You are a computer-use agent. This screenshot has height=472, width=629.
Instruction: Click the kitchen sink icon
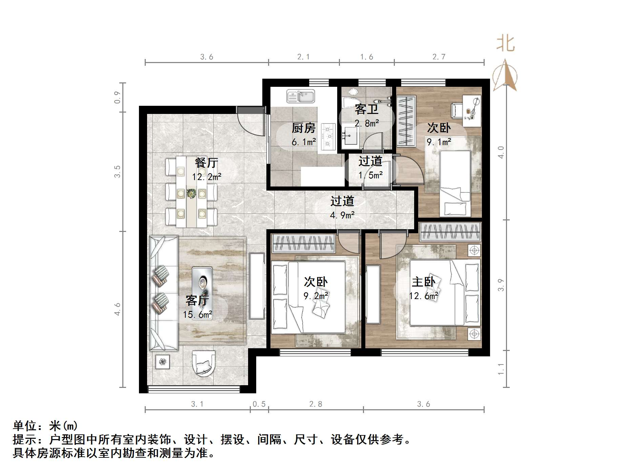(301, 96)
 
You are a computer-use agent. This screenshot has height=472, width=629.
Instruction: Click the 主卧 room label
(423, 282)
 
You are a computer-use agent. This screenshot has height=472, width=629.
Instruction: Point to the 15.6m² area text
(198, 315)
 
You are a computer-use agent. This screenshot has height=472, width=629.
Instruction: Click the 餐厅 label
(206, 163)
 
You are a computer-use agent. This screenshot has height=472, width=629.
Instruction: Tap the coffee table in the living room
(202, 285)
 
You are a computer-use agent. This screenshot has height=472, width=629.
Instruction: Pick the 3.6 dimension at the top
(206, 57)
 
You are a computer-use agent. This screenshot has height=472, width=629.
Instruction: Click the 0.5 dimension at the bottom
(259, 404)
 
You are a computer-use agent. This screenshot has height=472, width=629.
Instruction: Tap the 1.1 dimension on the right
(501, 369)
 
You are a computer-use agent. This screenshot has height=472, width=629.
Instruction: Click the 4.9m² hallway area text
(342, 215)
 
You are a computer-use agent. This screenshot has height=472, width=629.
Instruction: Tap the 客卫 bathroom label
(366, 110)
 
